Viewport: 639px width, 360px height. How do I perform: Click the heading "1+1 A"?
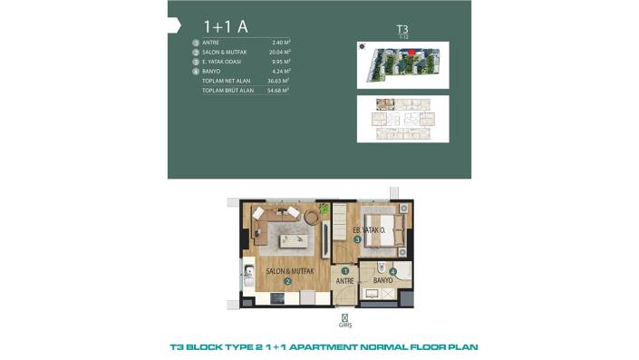pyautogui.click(x=220, y=26)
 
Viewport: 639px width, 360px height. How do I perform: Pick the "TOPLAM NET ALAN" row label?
pyautogui.click(x=227, y=81)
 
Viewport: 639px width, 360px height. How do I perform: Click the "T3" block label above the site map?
pyautogui.click(x=402, y=29)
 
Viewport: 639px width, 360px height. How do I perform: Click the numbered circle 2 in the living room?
pyautogui.click(x=287, y=281)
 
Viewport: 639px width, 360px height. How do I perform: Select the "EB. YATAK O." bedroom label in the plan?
pyautogui.click(x=369, y=230)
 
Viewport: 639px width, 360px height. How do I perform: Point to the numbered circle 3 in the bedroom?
pyautogui.click(x=357, y=239)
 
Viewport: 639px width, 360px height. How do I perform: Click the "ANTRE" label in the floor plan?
pyautogui.click(x=344, y=281)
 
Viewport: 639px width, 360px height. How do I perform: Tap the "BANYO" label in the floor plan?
pyautogui.click(x=382, y=281)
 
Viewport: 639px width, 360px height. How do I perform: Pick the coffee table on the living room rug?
pyautogui.click(x=295, y=240)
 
